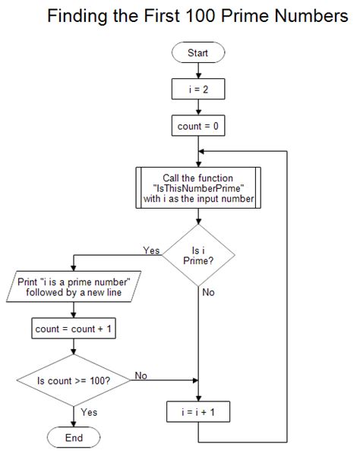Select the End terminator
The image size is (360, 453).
click(73, 438)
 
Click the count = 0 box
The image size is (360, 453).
click(197, 127)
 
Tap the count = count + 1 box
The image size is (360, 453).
click(73, 329)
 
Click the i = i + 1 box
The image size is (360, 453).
click(197, 414)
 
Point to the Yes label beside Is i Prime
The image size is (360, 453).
click(151, 250)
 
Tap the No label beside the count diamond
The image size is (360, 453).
click(141, 375)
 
